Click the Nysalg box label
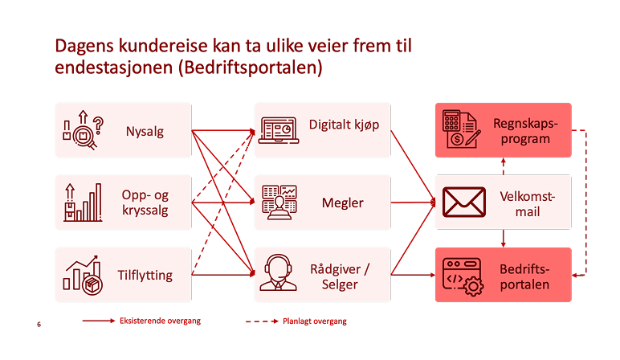click(145, 131)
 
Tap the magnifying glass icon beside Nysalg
click(84, 131)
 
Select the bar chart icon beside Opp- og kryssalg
click(84, 202)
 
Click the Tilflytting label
click(145, 275)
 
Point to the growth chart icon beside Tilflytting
click(83, 274)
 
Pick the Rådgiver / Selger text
click(345, 275)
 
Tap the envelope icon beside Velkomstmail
click(464, 202)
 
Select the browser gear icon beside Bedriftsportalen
click(462, 275)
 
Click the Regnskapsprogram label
click(523, 131)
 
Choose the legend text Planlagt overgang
click(314, 321)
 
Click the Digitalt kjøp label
click(345, 125)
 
